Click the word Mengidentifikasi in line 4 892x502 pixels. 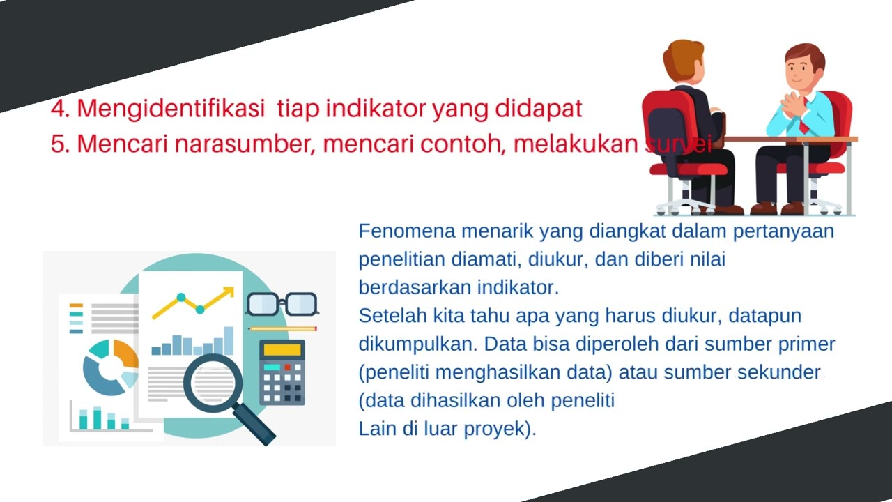pyautogui.click(x=171, y=109)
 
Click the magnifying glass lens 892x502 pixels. pyautogui.click(x=213, y=383)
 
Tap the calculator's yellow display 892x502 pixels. pyautogui.click(x=282, y=350)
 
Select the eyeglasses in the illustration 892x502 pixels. pyautogui.click(x=282, y=303)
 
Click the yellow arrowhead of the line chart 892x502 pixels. pyautogui.click(x=228, y=291)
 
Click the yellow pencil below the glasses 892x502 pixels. pyautogui.click(x=282, y=328)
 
